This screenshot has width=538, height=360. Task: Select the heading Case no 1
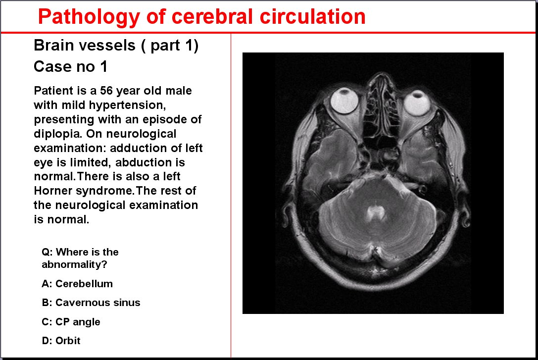click(x=70, y=66)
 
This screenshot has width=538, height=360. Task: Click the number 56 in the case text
click(x=106, y=91)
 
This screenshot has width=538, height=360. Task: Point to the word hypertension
click(x=128, y=105)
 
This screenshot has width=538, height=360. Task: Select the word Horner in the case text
click(x=53, y=191)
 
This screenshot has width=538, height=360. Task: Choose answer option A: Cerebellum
click(x=77, y=284)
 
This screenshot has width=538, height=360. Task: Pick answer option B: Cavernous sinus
click(x=91, y=303)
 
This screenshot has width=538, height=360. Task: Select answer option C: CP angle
click(x=71, y=322)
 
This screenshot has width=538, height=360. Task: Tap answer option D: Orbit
click(x=61, y=341)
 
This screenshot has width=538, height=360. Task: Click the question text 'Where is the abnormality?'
click(x=80, y=258)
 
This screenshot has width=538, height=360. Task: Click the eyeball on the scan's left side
click(x=344, y=101)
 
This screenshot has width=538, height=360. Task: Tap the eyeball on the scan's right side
click(x=417, y=103)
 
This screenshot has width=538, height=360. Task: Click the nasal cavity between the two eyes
click(x=380, y=103)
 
